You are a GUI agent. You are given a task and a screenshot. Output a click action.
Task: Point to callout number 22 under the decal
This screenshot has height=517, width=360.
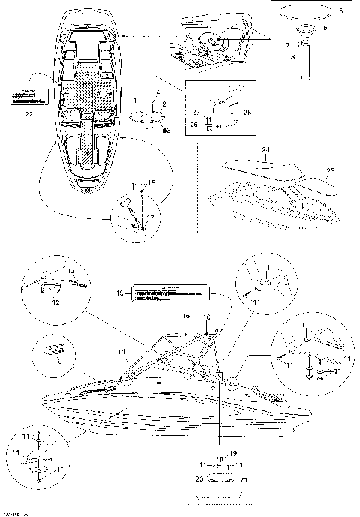point(28,114)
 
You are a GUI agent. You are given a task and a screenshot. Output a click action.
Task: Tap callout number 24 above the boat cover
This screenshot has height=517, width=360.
point(264,151)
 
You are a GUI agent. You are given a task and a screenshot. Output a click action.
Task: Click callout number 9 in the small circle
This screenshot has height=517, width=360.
point(50,362)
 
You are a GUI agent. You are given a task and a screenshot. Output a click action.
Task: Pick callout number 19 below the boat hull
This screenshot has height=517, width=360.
point(232,453)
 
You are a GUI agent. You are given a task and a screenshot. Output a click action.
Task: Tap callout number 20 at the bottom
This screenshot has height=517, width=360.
point(199,478)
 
